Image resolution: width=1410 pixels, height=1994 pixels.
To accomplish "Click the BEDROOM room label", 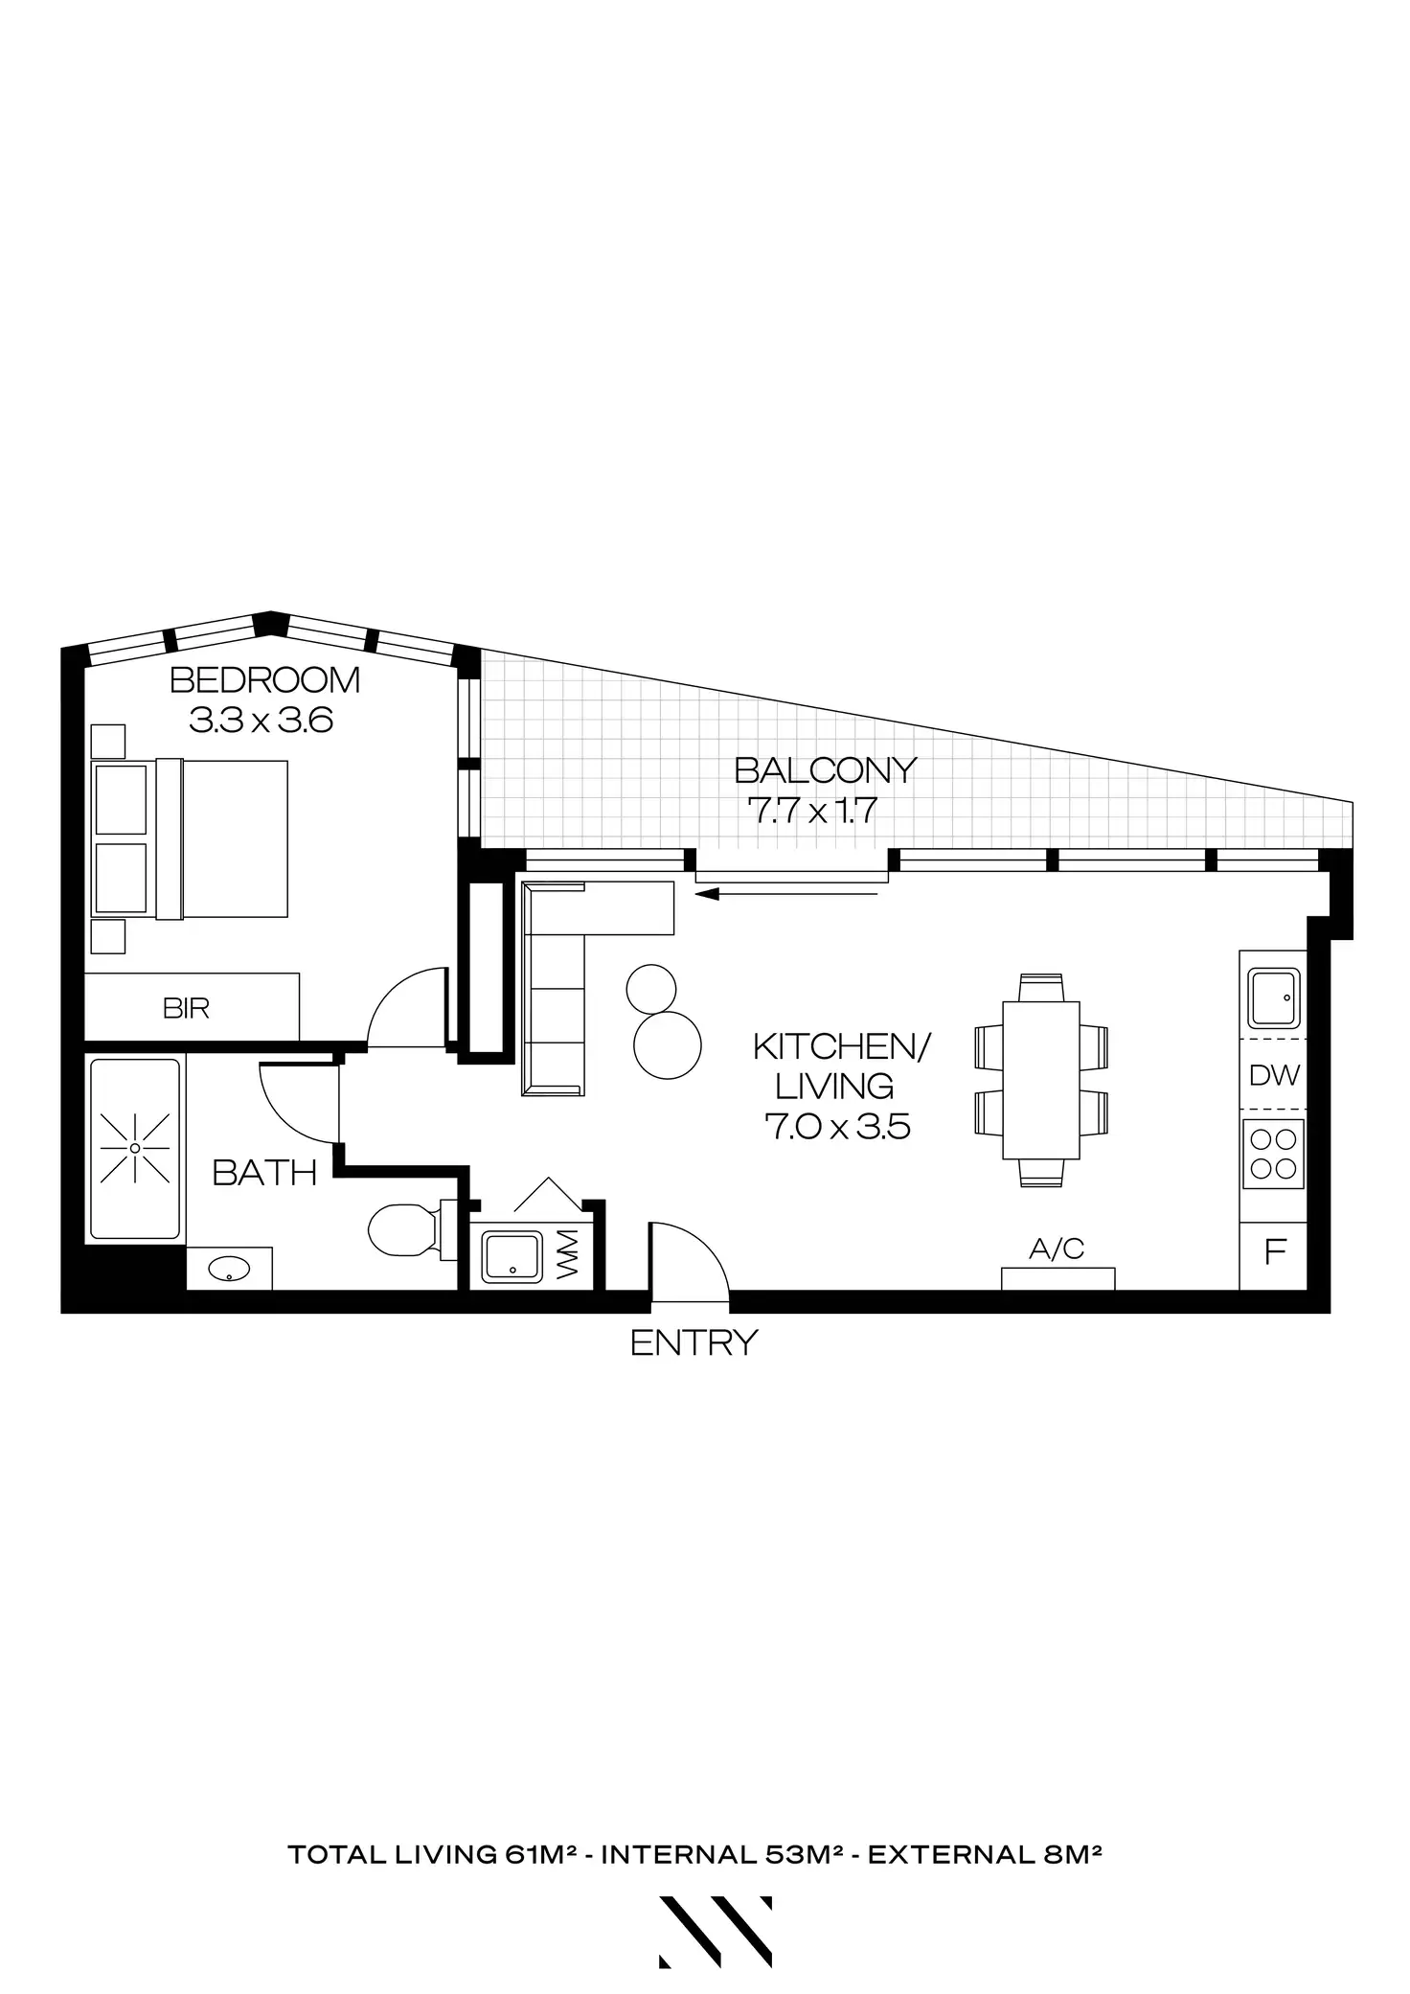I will [x=264, y=680].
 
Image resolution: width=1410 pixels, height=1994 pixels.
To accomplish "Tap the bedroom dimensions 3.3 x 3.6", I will [x=261, y=720].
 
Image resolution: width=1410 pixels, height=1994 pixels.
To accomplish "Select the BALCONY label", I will [x=825, y=769].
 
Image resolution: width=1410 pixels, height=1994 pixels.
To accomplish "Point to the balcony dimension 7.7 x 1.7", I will [x=812, y=811].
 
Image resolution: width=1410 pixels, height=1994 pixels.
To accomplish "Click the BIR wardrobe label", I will [x=186, y=1008].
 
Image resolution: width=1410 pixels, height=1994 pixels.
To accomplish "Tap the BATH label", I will [x=264, y=1173].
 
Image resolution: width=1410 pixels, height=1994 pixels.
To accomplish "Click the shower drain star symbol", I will [x=135, y=1147].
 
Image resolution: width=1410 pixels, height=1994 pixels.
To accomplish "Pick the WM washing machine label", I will [x=569, y=1253].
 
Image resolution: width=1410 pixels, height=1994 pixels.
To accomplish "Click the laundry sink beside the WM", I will [x=512, y=1256].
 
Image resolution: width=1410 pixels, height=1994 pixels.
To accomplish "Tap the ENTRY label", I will [x=694, y=1342].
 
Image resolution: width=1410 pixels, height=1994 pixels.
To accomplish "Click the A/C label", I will [x=1057, y=1249].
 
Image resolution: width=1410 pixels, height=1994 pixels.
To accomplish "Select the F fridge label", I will [x=1274, y=1252].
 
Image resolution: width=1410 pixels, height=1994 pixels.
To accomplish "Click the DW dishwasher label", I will [x=1274, y=1075].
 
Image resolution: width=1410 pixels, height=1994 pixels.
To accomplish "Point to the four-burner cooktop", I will [x=1273, y=1154].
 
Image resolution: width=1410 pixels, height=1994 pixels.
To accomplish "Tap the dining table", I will [x=1040, y=1080].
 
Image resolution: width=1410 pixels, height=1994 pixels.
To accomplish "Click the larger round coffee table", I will [x=668, y=1044].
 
